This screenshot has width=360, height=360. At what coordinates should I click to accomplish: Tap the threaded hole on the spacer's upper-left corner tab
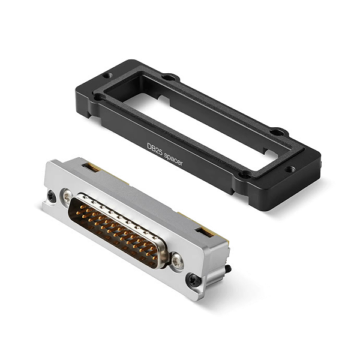[108, 76]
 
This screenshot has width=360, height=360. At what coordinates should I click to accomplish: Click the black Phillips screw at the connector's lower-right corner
[193, 278]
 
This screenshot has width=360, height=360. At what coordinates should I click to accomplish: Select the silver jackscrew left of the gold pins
[67, 196]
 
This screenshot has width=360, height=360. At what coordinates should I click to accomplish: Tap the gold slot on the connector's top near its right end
[205, 231]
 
